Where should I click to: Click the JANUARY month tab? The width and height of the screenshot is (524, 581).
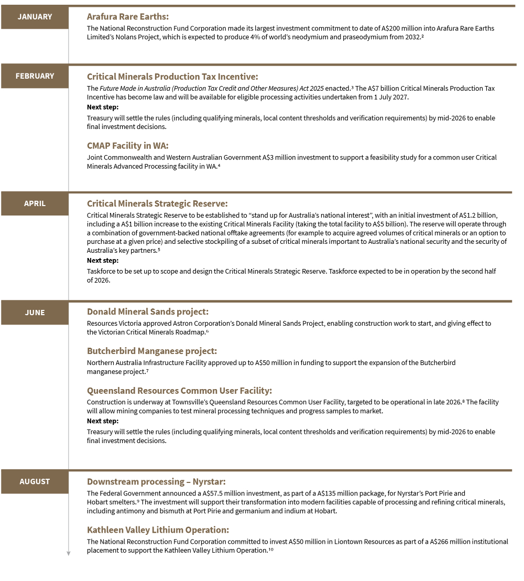(x=35, y=17)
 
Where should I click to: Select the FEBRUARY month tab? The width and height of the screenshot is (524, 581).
(x=35, y=76)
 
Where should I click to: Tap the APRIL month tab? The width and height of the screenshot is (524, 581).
(x=35, y=203)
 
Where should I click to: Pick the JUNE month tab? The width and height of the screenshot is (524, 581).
(x=35, y=313)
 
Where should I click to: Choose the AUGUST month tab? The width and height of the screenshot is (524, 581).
(x=35, y=481)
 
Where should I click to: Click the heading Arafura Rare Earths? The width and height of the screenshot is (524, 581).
(x=128, y=17)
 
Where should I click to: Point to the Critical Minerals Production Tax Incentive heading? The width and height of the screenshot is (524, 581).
(x=172, y=77)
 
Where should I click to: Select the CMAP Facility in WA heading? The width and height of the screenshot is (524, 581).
(x=127, y=146)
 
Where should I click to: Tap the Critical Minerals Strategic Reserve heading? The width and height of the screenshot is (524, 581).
(x=157, y=203)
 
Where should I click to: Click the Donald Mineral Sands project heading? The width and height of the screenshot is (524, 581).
(x=148, y=312)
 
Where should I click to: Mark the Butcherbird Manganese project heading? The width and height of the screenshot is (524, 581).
(x=152, y=351)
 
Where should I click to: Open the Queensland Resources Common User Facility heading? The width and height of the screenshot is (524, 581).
(x=179, y=391)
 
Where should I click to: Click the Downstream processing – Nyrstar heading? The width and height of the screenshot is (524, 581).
(x=156, y=481)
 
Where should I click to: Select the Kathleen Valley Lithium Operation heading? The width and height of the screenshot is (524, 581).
(x=158, y=530)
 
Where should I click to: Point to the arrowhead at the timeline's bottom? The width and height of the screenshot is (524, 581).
(x=68, y=553)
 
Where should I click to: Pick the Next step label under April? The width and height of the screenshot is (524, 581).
(x=103, y=261)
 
